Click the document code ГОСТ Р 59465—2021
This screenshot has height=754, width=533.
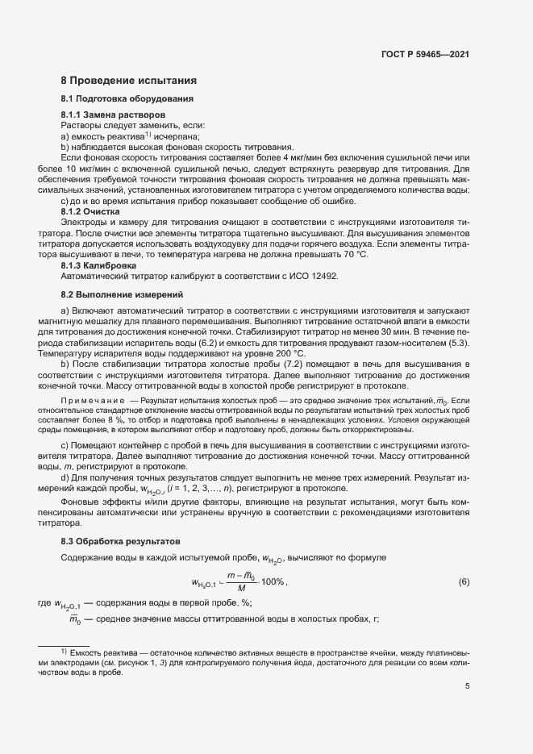[x=424, y=55]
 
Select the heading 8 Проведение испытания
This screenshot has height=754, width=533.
[x=128, y=81]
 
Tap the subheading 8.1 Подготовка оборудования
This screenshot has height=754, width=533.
[x=127, y=99]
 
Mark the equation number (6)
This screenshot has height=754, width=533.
[x=464, y=581]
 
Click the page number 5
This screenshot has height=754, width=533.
[x=467, y=687]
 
